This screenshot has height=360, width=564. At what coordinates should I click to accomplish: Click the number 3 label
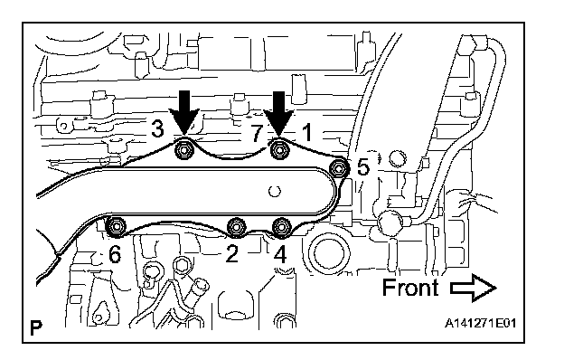pyautogui.click(x=157, y=128)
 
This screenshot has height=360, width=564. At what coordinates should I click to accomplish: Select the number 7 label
pyautogui.click(x=257, y=132)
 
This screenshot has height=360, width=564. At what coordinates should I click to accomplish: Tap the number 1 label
pyautogui.click(x=306, y=132)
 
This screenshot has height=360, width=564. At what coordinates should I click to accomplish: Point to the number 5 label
pyautogui.click(x=363, y=167)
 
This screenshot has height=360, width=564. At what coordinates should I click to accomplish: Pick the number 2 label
pyautogui.click(x=231, y=254)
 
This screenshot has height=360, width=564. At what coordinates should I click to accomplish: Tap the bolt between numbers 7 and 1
pyautogui.click(x=279, y=150)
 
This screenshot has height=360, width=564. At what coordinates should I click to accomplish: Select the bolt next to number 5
pyautogui.click(x=339, y=167)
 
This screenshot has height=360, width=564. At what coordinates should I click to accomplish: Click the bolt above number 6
pyautogui.click(x=117, y=227)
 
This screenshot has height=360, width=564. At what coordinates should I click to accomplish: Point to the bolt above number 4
pyautogui.click(x=282, y=228)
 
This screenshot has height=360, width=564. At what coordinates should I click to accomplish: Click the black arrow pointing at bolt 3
pyautogui.click(x=184, y=113)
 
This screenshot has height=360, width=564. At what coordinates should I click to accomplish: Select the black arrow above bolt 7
pyautogui.click(x=279, y=113)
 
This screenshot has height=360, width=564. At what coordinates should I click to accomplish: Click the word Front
pyautogui.click(x=410, y=287)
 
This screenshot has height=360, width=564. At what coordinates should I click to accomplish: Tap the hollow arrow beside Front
pyautogui.click(x=474, y=288)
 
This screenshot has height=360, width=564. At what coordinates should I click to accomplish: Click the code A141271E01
pyautogui.click(x=481, y=323)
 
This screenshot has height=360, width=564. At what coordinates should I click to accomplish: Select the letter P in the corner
pyautogui.click(x=36, y=327)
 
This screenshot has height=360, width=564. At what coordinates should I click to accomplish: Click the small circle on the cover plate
pyautogui.click(x=275, y=191)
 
